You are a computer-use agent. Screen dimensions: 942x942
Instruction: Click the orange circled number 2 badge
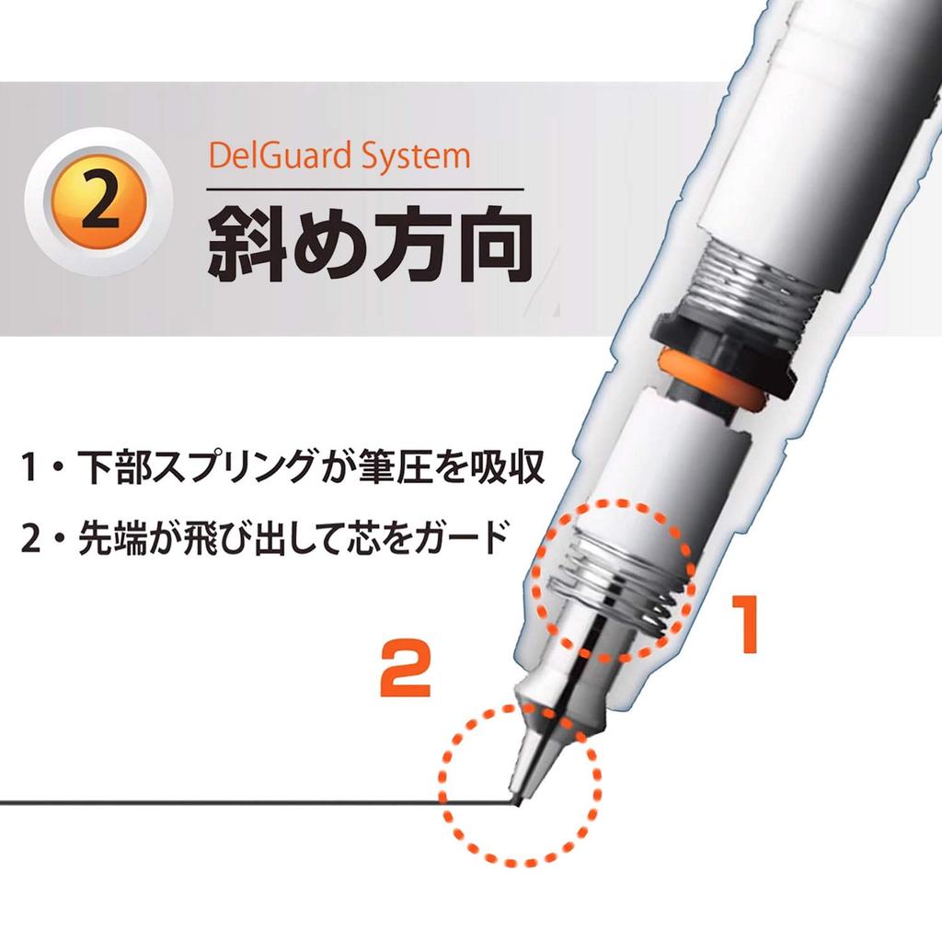(x=98, y=204)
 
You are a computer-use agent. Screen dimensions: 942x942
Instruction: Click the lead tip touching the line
(x=516, y=798)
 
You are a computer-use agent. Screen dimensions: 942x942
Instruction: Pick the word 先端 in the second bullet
(x=108, y=534)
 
